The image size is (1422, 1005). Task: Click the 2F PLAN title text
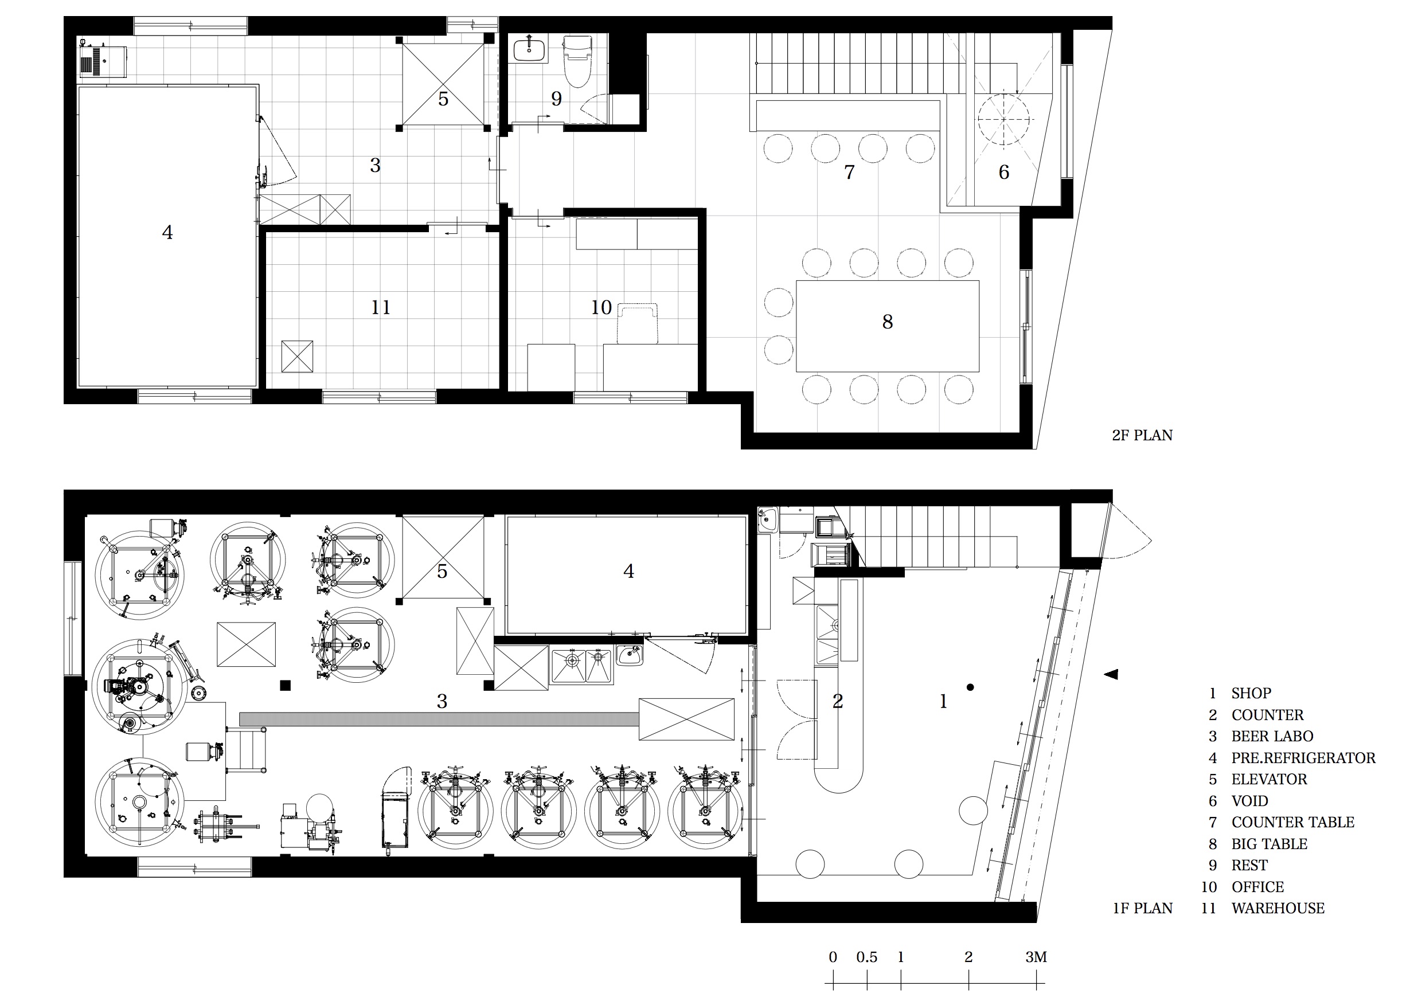[1142, 435]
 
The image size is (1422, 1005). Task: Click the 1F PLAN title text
[1142, 909]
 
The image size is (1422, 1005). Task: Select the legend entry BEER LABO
[1272, 736]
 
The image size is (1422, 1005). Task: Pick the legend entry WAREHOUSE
[1278, 909]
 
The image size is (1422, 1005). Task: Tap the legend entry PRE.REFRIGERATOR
[1303, 758]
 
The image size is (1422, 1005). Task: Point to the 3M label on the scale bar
[1036, 957]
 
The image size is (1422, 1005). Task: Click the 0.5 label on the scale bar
[866, 957]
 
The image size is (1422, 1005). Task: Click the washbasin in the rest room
[530, 49]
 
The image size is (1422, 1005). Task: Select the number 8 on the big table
[888, 322]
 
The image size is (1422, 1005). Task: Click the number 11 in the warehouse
[380, 308]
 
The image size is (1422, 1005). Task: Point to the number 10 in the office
[601, 308]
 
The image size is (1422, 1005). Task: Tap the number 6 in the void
[1004, 172]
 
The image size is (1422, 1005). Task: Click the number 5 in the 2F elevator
[443, 99]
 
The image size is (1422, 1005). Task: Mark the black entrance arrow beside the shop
[1111, 674]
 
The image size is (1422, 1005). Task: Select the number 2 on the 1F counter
[837, 702]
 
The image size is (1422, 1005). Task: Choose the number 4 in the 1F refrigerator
[628, 571]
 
